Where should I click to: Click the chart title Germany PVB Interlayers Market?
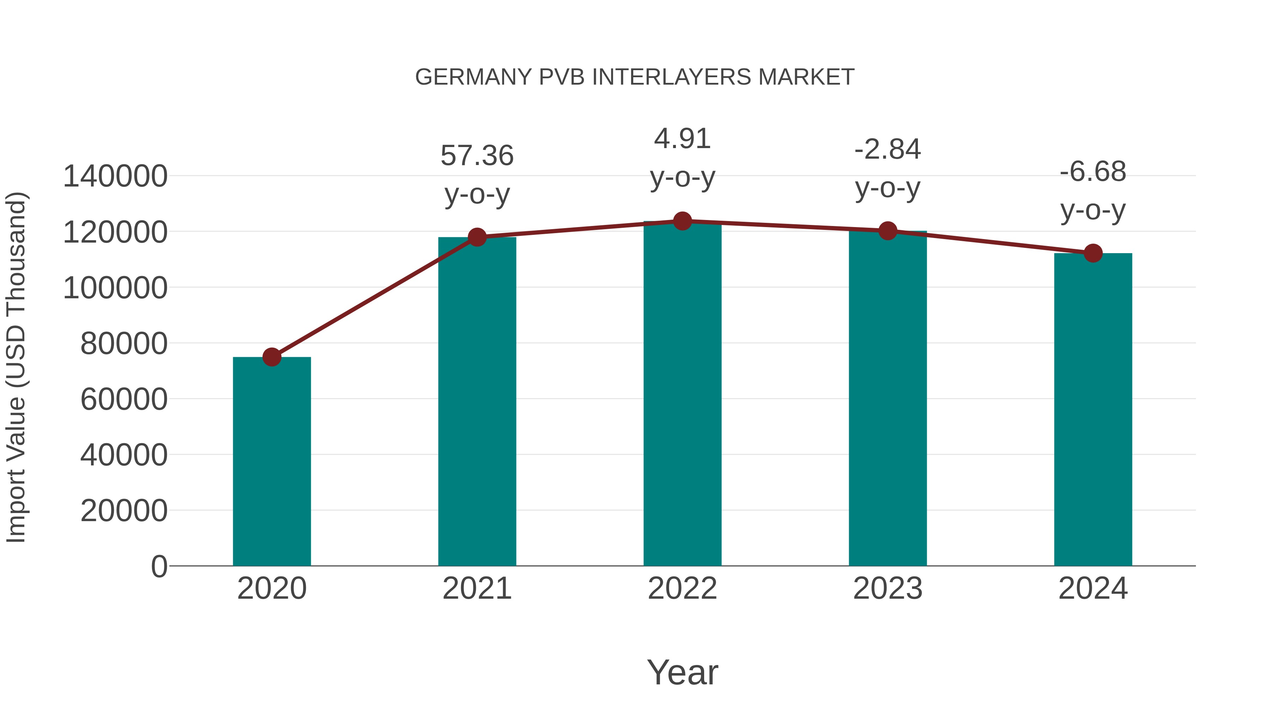click(x=635, y=77)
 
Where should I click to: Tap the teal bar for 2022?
click(x=682, y=394)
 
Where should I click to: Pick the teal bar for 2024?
click(x=1093, y=409)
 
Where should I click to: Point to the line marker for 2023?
click(x=888, y=231)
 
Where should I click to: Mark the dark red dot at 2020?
click(x=272, y=357)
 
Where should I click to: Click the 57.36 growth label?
click(x=477, y=156)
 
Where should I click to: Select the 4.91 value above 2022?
click(x=682, y=139)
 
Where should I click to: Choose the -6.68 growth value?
click(x=1093, y=172)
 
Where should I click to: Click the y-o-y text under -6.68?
click(x=1093, y=210)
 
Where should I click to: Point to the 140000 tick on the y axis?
click(x=115, y=176)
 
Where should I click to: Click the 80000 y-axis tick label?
click(x=124, y=343)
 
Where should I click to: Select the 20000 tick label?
click(x=124, y=511)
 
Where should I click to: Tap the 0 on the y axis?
click(x=159, y=566)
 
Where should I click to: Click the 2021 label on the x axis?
click(x=477, y=588)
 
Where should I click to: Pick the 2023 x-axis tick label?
click(x=888, y=588)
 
